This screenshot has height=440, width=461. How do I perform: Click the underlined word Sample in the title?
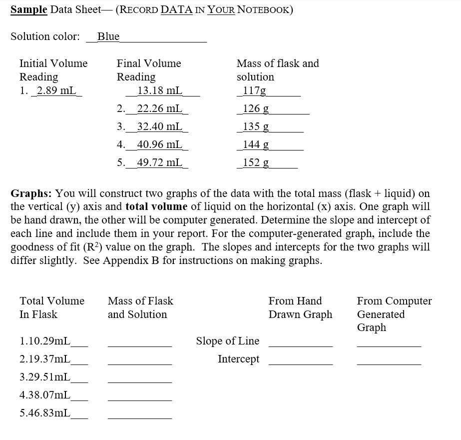[x=28, y=10]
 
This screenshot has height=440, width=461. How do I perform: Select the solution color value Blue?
[x=108, y=36]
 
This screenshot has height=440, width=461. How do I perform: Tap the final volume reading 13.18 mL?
[x=160, y=90]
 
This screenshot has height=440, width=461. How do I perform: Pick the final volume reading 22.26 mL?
[x=159, y=109]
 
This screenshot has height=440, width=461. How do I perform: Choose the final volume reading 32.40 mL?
[x=159, y=127]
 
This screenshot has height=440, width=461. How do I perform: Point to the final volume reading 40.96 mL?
[x=159, y=145]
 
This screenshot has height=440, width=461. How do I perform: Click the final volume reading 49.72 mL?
[x=159, y=163]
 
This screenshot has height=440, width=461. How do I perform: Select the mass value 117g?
[x=254, y=90]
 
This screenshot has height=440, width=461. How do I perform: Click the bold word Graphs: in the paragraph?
[x=31, y=193]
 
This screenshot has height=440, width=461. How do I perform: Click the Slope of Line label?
[x=228, y=341]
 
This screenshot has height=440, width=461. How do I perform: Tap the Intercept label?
[x=239, y=359]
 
